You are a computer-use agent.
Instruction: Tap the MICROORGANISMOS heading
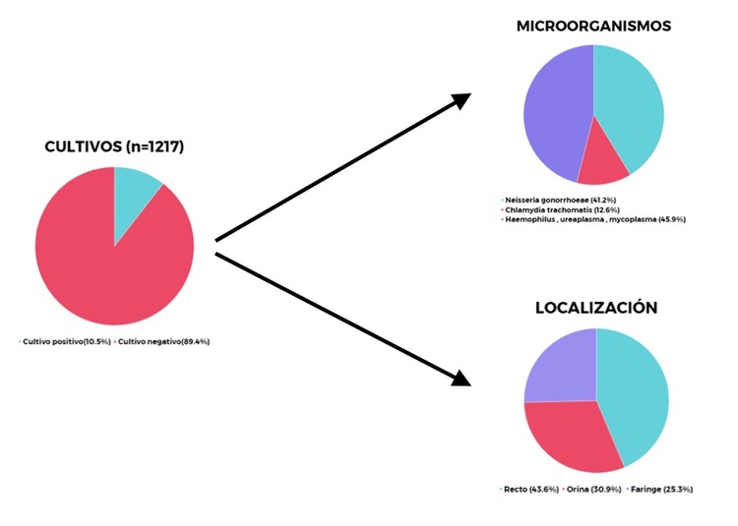coord(593,27)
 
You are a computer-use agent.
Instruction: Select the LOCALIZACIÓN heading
coord(596,308)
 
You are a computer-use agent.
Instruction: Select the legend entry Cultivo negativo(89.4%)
coord(163,341)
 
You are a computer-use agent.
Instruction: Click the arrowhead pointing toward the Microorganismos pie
coord(461,101)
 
